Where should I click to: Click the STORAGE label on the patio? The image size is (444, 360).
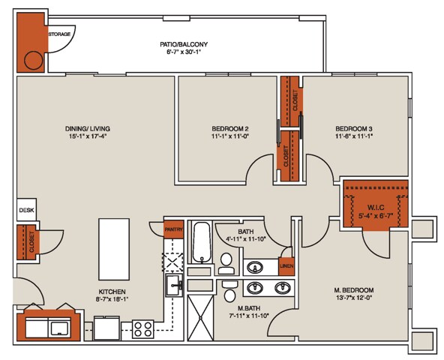[59, 34]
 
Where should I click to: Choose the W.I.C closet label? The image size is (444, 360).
[376, 208]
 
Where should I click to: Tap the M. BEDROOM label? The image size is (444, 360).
[353, 289]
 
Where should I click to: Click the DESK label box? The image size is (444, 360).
[26, 211]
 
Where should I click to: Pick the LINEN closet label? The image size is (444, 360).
[286, 266]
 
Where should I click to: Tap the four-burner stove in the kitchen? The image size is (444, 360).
[142, 328]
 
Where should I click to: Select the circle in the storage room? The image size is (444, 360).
[34, 61]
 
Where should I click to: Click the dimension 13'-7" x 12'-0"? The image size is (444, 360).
[353, 298]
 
